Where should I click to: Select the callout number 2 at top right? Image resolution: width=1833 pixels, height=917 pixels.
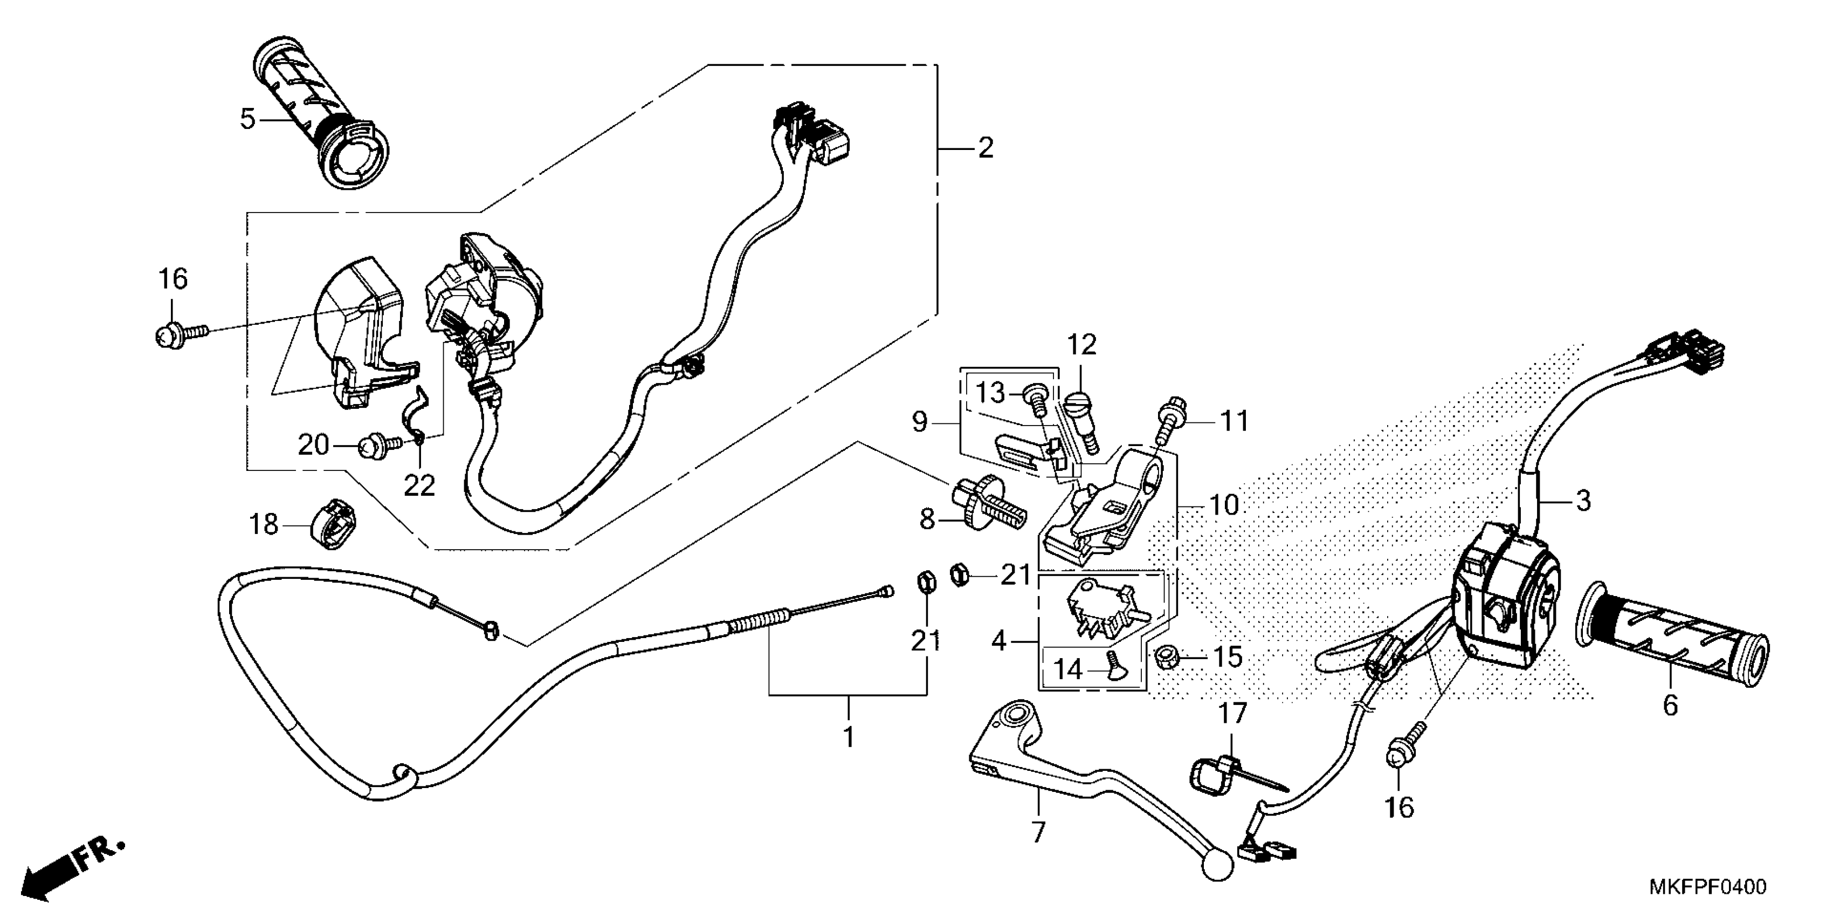pyautogui.click(x=986, y=148)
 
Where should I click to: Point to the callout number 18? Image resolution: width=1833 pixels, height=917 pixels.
pyautogui.click(x=263, y=525)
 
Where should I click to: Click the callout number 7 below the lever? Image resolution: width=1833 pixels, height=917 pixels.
pyautogui.click(x=1038, y=832)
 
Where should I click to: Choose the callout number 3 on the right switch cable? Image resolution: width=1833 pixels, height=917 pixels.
pyautogui.click(x=1583, y=501)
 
